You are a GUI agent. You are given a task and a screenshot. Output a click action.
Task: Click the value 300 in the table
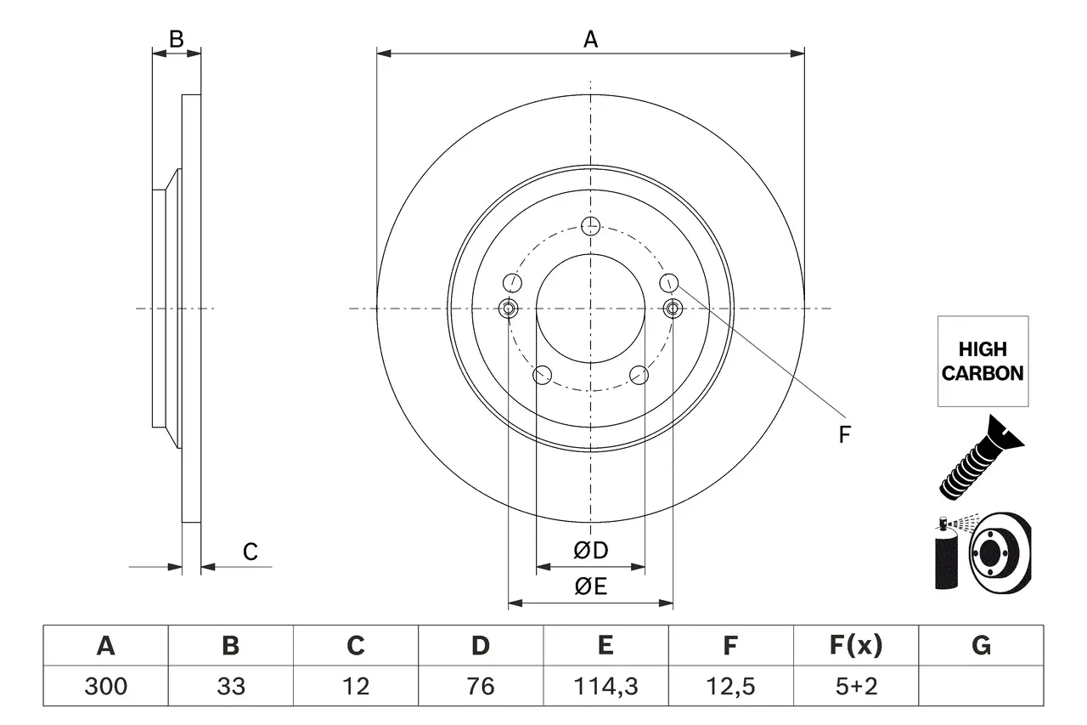click(106, 686)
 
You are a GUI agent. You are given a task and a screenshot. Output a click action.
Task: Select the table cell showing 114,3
click(605, 686)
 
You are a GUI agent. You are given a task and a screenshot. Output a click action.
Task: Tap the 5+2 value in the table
click(856, 686)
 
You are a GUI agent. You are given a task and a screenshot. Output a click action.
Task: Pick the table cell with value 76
click(481, 686)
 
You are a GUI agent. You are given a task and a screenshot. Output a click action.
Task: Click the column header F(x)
click(856, 646)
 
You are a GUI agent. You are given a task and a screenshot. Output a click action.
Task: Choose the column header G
click(981, 646)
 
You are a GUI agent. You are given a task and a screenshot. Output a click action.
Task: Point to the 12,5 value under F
click(730, 686)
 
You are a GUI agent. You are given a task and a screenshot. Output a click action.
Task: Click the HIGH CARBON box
click(983, 361)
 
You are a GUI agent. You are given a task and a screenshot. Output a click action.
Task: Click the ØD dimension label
click(591, 551)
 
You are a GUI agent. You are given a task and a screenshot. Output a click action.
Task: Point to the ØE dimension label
click(591, 586)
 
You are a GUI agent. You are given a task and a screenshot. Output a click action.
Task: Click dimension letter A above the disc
click(590, 38)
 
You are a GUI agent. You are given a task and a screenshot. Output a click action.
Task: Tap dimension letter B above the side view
click(176, 38)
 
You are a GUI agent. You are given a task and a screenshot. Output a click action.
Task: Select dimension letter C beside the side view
click(251, 552)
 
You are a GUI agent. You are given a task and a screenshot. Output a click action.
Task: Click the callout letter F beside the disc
click(844, 435)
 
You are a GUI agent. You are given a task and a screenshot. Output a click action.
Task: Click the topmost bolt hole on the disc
click(591, 225)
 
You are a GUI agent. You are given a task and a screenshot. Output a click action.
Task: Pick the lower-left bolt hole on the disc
click(541, 375)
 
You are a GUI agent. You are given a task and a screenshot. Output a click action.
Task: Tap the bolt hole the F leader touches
click(669, 281)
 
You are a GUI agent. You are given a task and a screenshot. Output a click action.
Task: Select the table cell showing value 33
click(231, 686)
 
